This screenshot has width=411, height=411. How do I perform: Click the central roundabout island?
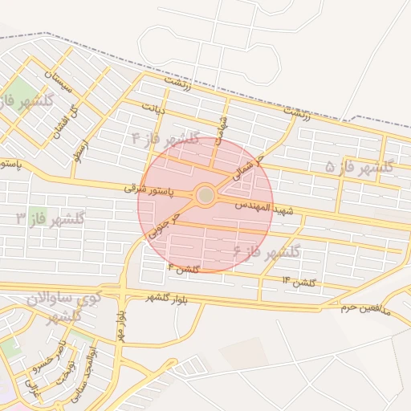tap(205, 195)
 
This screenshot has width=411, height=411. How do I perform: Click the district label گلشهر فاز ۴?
tap(165, 139)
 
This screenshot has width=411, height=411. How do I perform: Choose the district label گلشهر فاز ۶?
tap(266, 252)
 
